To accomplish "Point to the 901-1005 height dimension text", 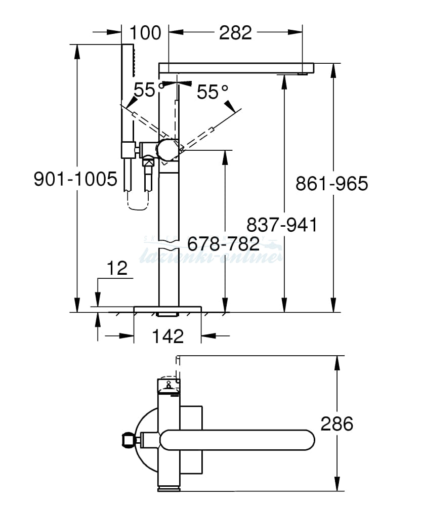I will (x=75, y=179).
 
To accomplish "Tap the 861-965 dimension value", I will (x=332, y=183).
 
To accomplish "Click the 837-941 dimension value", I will (x=282, y=224).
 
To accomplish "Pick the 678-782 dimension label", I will (x=223, y=243).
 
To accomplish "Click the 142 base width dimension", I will (x=167, y=335).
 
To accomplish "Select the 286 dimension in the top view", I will (x=337, y=424).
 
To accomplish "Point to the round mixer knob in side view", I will (x=167, y=149).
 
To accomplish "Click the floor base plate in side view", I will (x=167, y=309).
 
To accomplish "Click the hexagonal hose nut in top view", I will (x=129, y=439).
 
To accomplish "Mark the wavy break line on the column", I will (x=168, y=246).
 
